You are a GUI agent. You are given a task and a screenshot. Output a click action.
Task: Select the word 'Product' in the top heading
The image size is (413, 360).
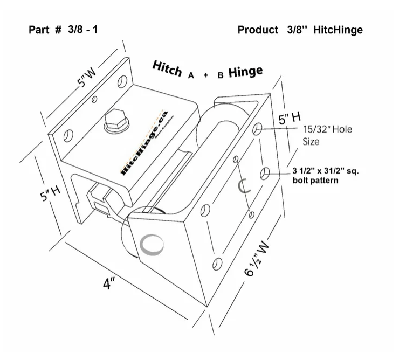tap(258, 30)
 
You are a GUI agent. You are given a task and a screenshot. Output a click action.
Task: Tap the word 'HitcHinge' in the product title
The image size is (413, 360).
tap(337, 30)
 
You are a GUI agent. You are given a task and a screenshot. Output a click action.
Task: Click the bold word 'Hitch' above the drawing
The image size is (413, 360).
tap(168, 70)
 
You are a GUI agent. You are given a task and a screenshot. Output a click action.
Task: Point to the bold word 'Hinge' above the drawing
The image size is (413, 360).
tap(245, 72)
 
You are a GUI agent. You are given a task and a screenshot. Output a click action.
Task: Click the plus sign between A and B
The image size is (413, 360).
tap(205, 76)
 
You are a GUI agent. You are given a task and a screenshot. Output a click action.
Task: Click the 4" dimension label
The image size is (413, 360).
tap(110, 284)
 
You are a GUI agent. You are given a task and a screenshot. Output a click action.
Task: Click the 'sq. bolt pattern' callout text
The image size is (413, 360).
tap(326, 176)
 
